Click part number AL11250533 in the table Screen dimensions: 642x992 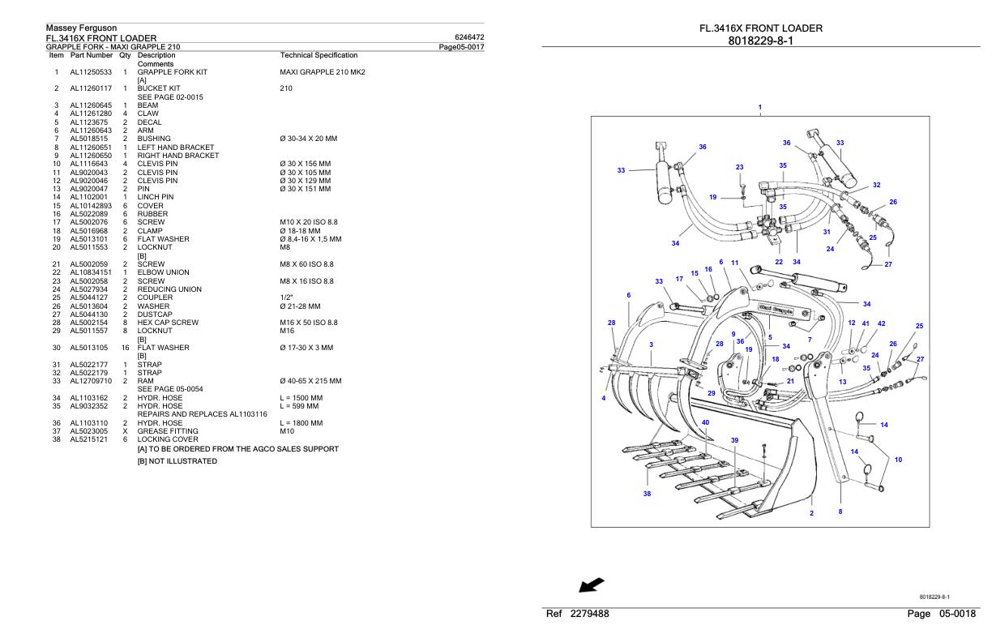click(x=91, y=72)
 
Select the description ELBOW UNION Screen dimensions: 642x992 click(x=163, y=272)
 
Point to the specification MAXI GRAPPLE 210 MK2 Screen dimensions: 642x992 click(x=322, y=72)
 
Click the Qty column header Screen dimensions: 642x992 click(x=125, y=55)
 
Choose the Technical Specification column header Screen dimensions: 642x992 click(x=318, y=55)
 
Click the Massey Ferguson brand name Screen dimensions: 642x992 click(x=83, y=28)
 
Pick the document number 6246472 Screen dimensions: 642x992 click(x=470, y=38)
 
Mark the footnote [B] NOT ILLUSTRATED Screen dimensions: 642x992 click(x=177, y=461)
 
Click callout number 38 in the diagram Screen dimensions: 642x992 click(x=647, y=494)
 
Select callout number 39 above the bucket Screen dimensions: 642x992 click(x=734, y=440)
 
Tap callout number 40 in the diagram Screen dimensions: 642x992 click(x=705, y=422)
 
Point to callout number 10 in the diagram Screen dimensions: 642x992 click(x=898, y=460)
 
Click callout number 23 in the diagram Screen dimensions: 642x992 click(x=739, y=167)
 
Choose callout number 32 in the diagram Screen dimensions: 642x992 click(x=876, y=185)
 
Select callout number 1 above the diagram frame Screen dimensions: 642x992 click(x=759, y=107)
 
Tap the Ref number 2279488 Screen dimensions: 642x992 click(x=579, y=615)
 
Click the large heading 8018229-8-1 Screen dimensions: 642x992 click(x=760, y=41)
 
